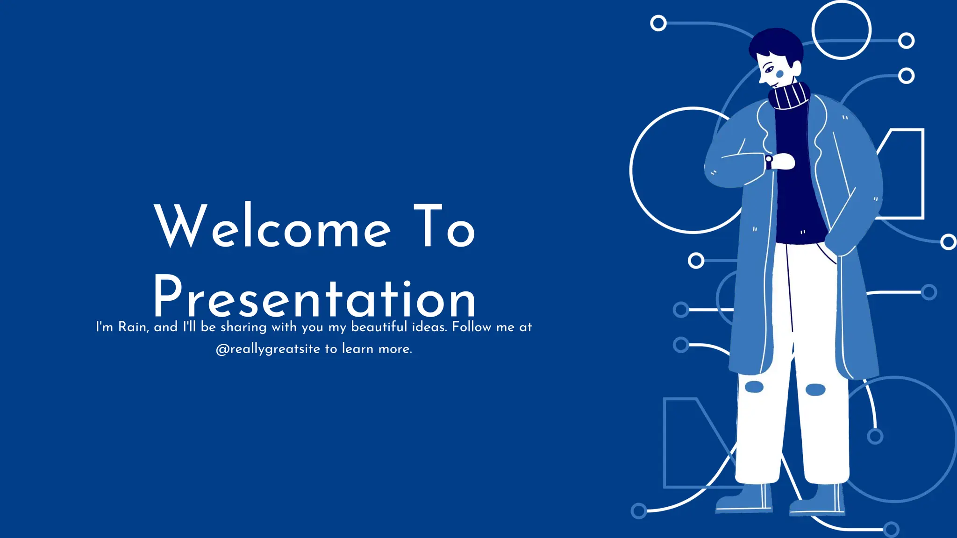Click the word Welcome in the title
tap(272, 226)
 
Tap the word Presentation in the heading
tap(314, 297)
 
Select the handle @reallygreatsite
tap(268, 349)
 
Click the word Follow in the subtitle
tap(471, 326)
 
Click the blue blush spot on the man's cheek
tap(779, 74)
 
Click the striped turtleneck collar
tap(789, 96)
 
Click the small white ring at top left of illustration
tap(658, 23)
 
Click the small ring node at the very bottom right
tap(891, 529)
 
